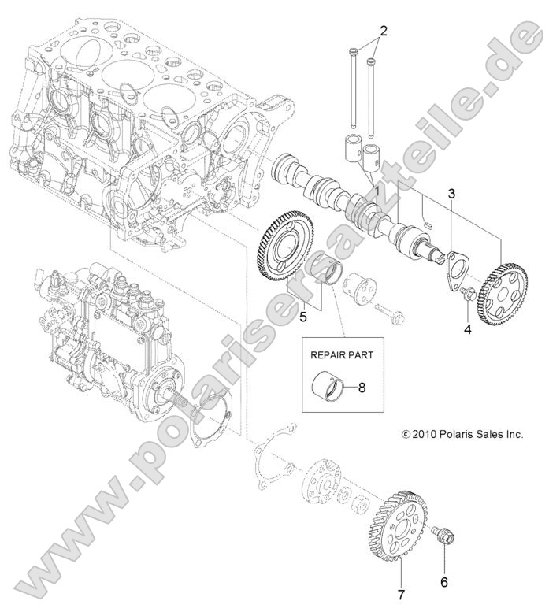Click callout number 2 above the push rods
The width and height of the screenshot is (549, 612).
click(x=384, y=32)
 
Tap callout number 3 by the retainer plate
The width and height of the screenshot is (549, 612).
click(x=451, y=193)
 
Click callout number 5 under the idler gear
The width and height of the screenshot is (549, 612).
click(x=303, y=318)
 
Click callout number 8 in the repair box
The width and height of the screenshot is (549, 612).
click(x=362, y=388)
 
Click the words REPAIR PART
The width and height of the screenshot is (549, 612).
click(x=341, y=354)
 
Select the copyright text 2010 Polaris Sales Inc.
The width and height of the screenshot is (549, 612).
click(x=462, y=434)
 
